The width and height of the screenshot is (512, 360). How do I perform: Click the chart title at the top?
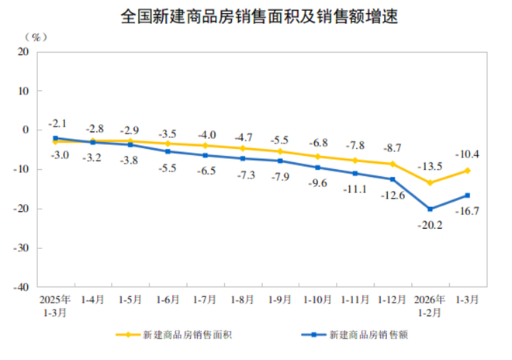point(256,16)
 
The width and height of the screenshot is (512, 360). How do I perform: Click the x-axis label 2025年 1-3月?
point(55,303)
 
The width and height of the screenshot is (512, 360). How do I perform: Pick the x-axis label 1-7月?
point(206,298)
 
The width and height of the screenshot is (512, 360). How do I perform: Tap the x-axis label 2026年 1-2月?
point(431,303)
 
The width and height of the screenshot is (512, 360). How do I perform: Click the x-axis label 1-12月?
point(393,298)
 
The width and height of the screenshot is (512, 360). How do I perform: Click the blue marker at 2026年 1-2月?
point(431,209)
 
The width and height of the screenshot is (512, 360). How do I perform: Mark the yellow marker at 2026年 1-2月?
point(431,183)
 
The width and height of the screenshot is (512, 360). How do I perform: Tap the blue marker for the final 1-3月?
point(468,196)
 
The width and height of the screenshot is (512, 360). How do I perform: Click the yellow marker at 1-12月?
point(393,164)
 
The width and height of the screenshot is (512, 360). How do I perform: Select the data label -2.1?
point(58,123)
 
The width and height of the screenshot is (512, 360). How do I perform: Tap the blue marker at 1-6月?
point(168,151)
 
